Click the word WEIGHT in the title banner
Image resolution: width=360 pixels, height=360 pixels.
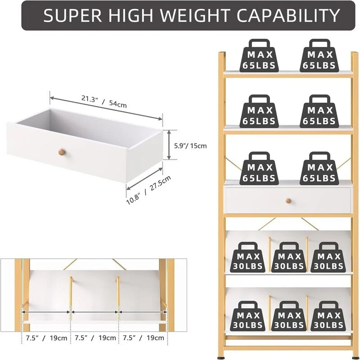195,15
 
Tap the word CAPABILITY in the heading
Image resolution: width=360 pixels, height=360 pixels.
288,15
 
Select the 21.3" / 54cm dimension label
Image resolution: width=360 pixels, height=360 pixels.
104,101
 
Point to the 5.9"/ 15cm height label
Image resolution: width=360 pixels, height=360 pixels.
190,146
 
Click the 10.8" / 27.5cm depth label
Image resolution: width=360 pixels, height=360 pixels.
149,190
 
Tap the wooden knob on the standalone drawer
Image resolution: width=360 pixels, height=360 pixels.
62,152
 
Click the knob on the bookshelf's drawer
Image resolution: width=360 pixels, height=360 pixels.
288,201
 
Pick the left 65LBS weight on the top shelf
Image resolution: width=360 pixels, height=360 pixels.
259,55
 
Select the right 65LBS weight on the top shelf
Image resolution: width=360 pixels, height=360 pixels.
319,55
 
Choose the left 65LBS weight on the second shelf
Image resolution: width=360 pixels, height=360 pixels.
259,111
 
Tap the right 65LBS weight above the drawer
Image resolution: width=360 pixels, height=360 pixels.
319,168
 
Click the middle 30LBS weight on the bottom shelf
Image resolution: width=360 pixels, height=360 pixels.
289,316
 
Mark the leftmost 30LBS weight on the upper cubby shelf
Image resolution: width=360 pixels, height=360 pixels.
248,257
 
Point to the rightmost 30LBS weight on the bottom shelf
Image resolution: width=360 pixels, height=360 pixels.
328,316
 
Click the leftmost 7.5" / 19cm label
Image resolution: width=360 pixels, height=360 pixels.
46,338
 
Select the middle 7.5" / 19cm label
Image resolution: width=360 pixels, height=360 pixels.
95,338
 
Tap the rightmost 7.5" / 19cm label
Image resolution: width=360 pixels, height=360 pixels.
144,338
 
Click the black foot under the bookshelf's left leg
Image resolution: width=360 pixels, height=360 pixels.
221,358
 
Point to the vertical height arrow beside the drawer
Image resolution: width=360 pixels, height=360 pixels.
169,144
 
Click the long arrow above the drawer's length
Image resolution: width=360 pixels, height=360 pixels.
106,108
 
